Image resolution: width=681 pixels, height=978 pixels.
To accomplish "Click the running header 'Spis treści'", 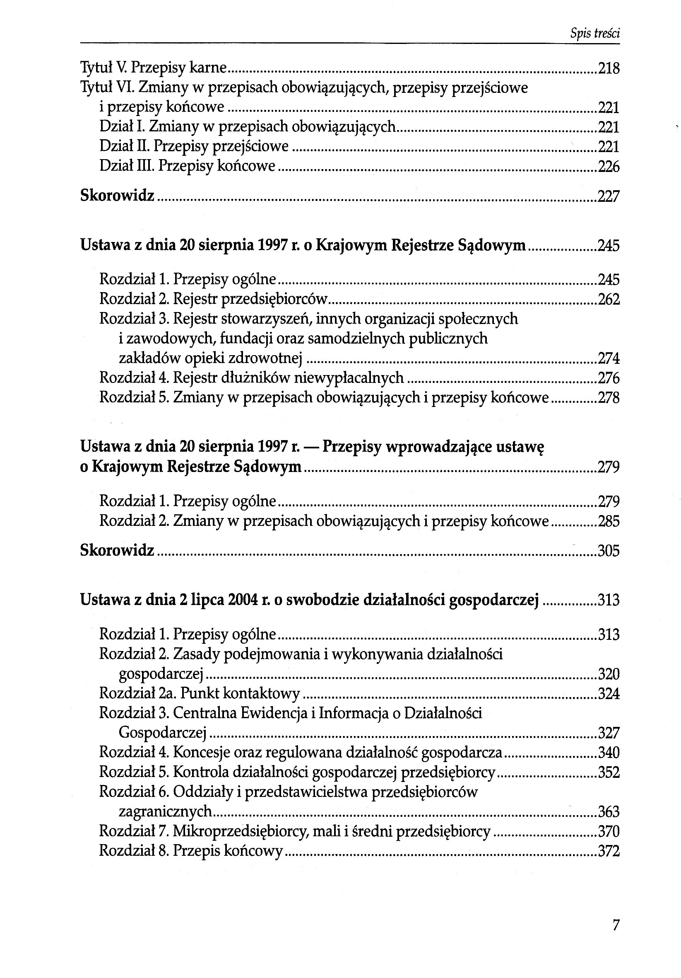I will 594,34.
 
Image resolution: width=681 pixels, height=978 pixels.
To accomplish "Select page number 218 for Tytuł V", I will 609,68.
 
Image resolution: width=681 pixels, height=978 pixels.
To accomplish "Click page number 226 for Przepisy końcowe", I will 609,166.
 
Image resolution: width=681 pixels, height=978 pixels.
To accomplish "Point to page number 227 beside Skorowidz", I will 609,196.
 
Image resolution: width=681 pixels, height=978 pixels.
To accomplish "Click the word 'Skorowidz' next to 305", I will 117,550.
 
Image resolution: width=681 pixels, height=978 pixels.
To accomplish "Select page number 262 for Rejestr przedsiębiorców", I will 609,300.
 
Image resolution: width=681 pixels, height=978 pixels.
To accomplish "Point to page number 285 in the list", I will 609,521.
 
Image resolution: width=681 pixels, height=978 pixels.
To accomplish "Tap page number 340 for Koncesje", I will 609,753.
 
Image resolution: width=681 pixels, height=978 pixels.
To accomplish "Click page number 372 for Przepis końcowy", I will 609,851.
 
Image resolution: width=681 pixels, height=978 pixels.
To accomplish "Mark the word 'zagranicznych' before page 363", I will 165,811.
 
